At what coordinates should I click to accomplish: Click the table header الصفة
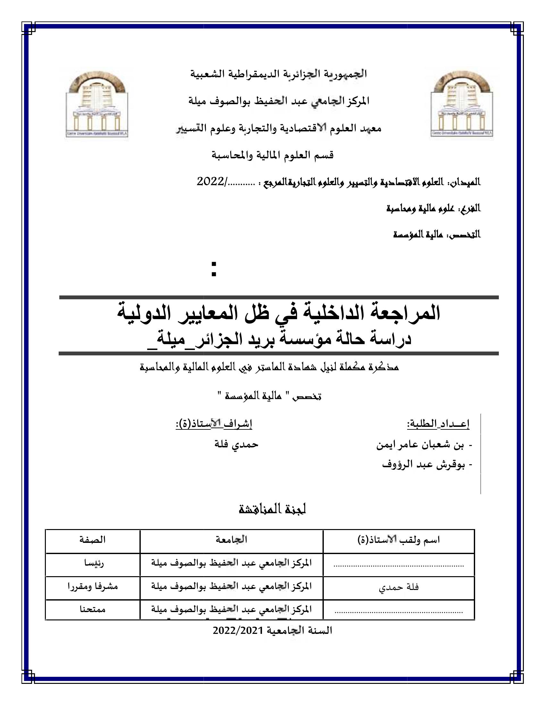point(93,539)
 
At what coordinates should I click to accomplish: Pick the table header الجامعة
point(231,539)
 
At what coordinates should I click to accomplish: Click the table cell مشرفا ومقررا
point(93,586)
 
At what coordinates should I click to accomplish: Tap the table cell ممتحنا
point(93,609)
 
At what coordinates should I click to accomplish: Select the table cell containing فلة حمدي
point(399,587)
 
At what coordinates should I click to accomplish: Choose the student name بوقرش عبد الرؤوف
point(423,465)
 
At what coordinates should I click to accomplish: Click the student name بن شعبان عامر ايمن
point(420,445)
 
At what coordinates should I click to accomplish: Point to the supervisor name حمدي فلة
point(236,444)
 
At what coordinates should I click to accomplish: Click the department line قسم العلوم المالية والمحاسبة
point(272,155)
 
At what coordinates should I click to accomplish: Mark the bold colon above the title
point(214,269)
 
